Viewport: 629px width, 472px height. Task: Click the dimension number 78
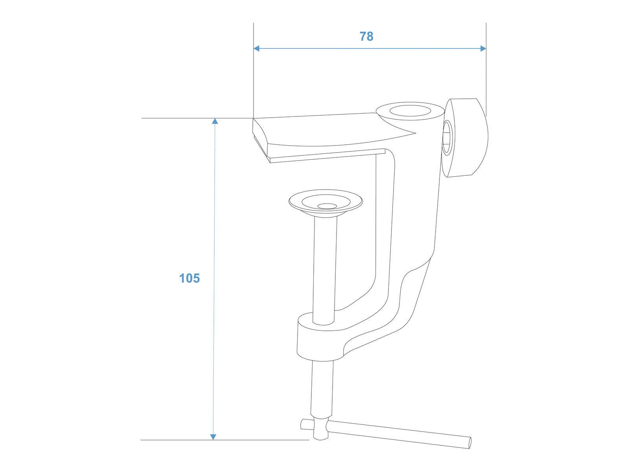coord(366,36)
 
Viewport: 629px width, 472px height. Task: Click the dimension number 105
coord(189,278)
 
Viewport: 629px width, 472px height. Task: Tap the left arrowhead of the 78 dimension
coord(257,48)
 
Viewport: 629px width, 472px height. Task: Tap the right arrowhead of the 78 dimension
coord(483,48)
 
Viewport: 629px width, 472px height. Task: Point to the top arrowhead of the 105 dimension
coord(215,121)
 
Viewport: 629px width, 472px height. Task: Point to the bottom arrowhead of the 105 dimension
coord(213,436)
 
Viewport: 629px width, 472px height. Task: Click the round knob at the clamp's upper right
coord(468,138)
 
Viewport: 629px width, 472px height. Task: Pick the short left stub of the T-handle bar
coord(305,424)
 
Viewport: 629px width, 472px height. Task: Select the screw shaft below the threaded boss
coord(322,389)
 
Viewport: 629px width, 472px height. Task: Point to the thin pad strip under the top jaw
coord(326,156)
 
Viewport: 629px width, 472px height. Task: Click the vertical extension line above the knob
coord(486,71)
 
